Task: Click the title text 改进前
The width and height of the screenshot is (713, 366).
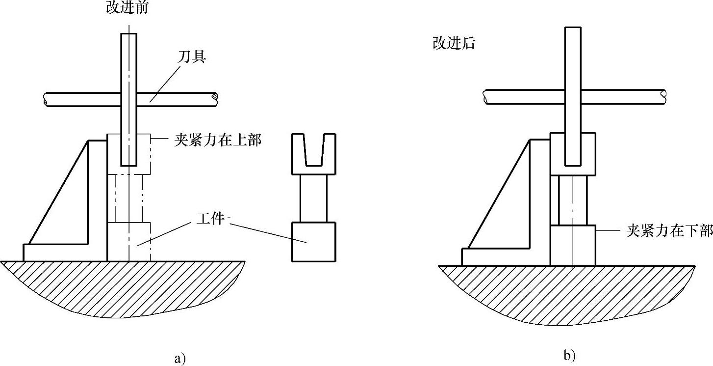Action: tap(127, 7)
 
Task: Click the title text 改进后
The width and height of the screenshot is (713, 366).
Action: tap(454, 43)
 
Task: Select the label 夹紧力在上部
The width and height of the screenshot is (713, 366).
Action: tap(217, 140)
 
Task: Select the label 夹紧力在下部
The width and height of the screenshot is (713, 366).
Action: tap(669, 231)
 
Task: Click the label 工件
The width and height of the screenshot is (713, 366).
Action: tap(210, 218)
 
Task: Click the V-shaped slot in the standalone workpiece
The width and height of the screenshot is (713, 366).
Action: tap(314, 150)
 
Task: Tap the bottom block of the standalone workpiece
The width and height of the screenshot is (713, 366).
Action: tap(314, 242)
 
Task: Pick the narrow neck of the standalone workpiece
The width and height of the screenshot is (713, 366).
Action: tap(314, 198)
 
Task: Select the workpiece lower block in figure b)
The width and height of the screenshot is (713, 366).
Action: tap(573, 246)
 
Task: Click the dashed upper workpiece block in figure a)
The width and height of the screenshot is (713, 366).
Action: tap(128, 153)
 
